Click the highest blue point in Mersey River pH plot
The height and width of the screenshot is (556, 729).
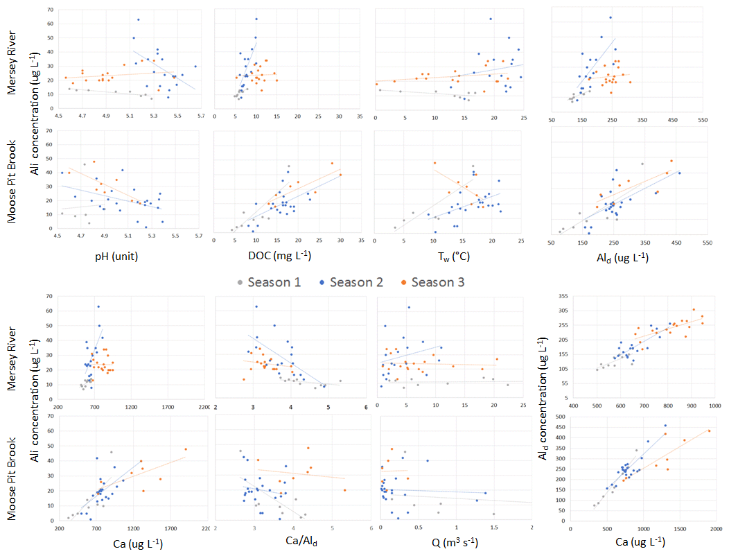coord(139,19)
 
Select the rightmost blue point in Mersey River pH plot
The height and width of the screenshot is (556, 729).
coord(195,67)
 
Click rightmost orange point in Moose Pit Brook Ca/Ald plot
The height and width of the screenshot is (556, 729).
coord(344,490)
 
